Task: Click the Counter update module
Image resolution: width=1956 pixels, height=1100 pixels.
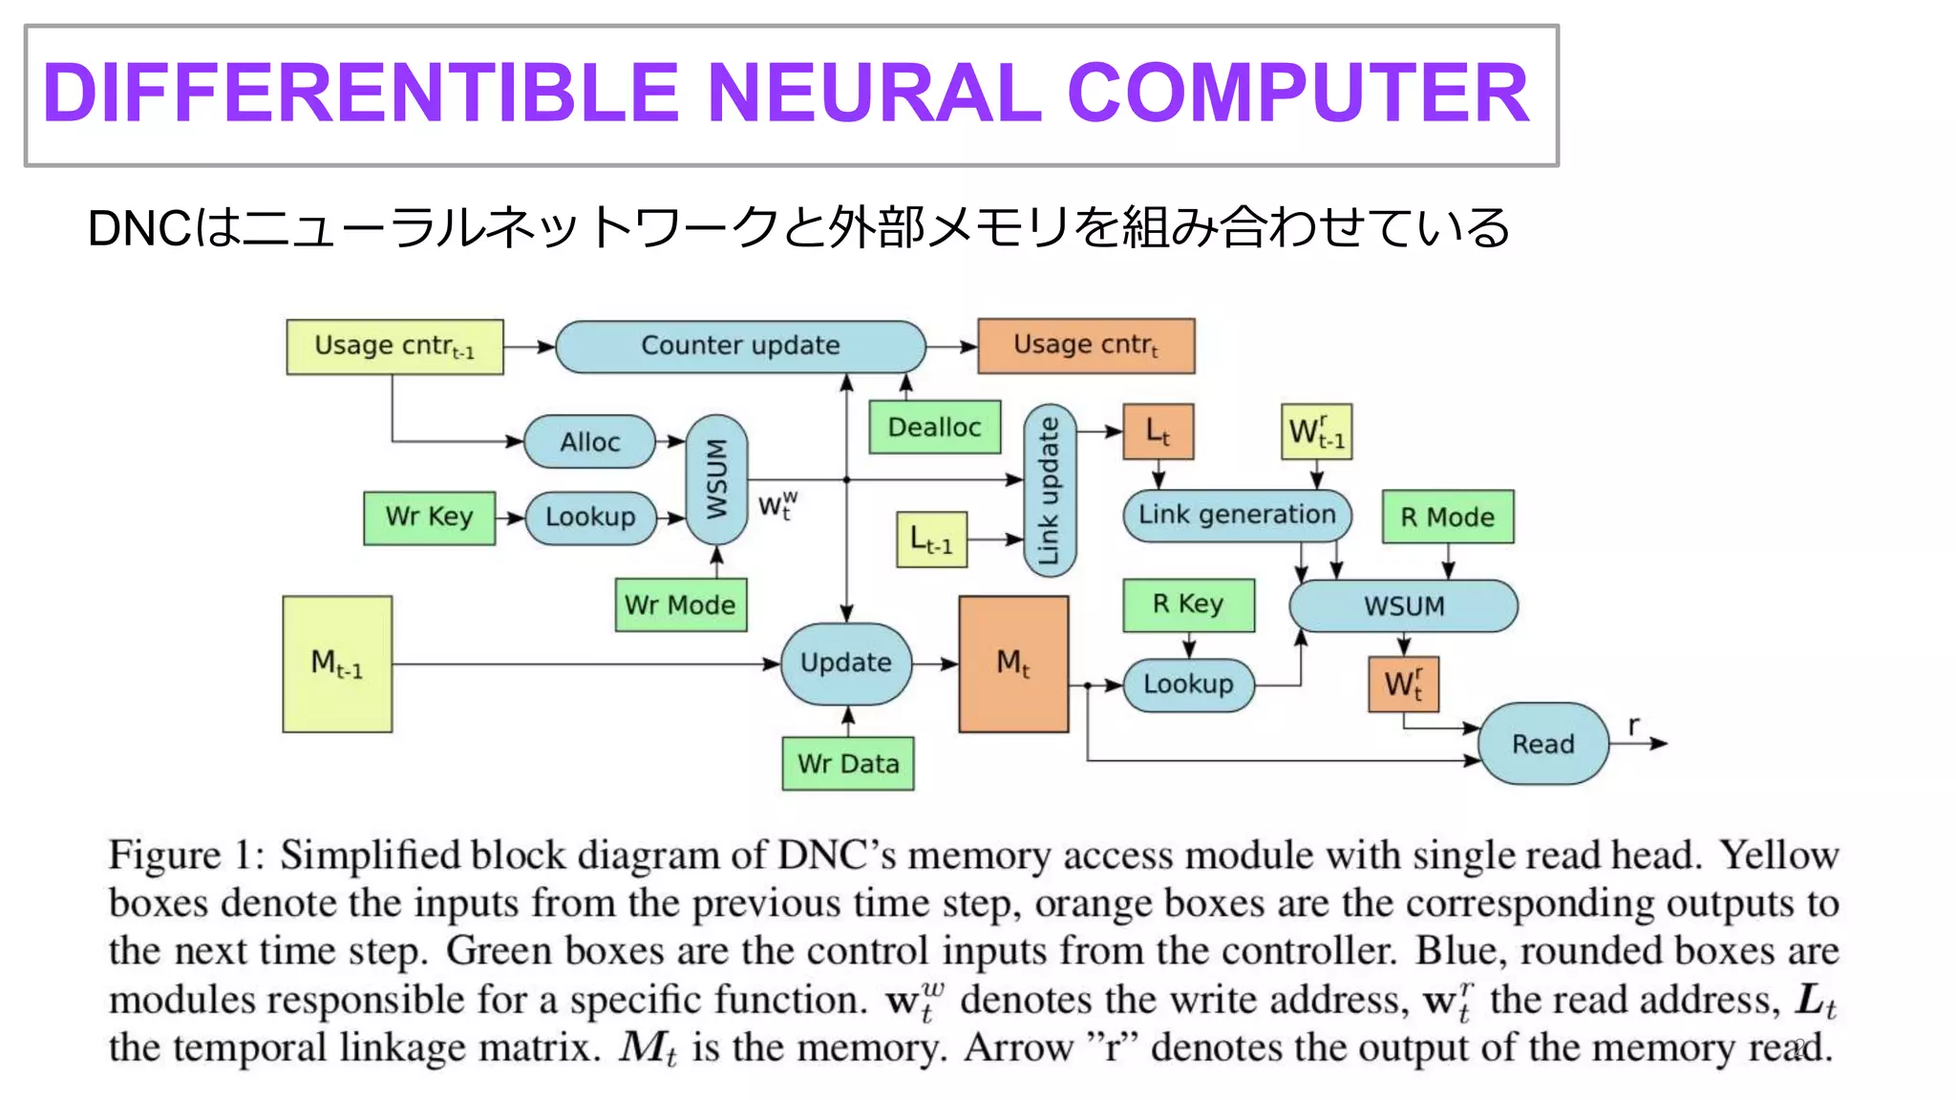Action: click(x=740, y=346)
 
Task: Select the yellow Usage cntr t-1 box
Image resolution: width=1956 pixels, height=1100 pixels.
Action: click(x=394, y=347)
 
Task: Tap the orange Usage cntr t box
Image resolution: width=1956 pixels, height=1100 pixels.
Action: click(x=1086, y=346)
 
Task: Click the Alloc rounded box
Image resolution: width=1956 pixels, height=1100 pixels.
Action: click(x=590, y=442)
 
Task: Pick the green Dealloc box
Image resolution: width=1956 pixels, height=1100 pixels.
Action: click(x=934, y=427)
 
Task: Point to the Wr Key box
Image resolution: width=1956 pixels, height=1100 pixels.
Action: click(x=429, y=518)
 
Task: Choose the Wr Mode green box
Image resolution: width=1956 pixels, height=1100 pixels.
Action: click(x=680, y=604)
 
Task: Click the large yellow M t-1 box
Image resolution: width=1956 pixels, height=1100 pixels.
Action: click(x=337, y=664)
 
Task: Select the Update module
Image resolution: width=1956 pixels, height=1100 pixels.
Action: click(x=846, y=664)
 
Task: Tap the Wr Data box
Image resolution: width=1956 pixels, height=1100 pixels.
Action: click(x=848, y=764)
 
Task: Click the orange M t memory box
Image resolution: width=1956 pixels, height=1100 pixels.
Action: click(x=1013, y=664)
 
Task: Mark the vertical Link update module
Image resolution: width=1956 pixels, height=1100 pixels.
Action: click(x=1050, y=491)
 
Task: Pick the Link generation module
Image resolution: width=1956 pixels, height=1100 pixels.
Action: click(x=1237, y=516)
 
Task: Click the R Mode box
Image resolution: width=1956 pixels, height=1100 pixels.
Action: click(x=1448, y=518)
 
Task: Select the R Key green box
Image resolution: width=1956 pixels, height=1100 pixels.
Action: click(x=1188, y=604)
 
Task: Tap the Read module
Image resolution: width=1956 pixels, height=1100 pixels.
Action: click(x=1543, y=744)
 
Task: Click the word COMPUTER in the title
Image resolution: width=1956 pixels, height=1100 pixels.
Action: click(x=1298, y=94)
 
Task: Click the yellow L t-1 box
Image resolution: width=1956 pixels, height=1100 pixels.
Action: click(x=931, y=540)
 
